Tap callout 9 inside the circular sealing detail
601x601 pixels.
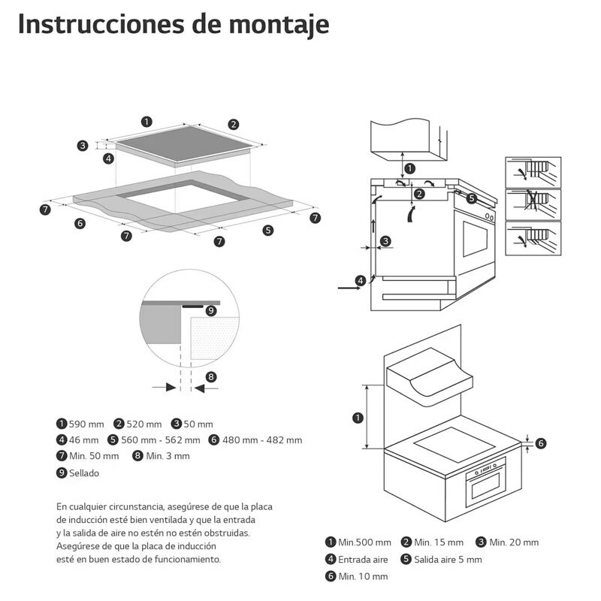point(210,310)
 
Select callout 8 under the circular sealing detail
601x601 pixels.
point(211,376)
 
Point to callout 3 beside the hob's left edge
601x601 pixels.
point(83,146)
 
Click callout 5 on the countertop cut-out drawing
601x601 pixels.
point(268,230)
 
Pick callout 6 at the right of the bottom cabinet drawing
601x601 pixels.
point(541,443)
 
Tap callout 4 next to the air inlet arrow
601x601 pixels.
point(361,280)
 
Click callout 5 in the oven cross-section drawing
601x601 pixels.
point(471,198)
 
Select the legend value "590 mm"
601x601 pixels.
point(84,424)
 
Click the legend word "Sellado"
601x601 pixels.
point(83,473)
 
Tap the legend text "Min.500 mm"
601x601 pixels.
point(364,542)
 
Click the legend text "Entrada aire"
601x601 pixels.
point(364,560)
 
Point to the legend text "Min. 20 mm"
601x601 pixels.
point(514,542)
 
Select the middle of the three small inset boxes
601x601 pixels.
point(533,204)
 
